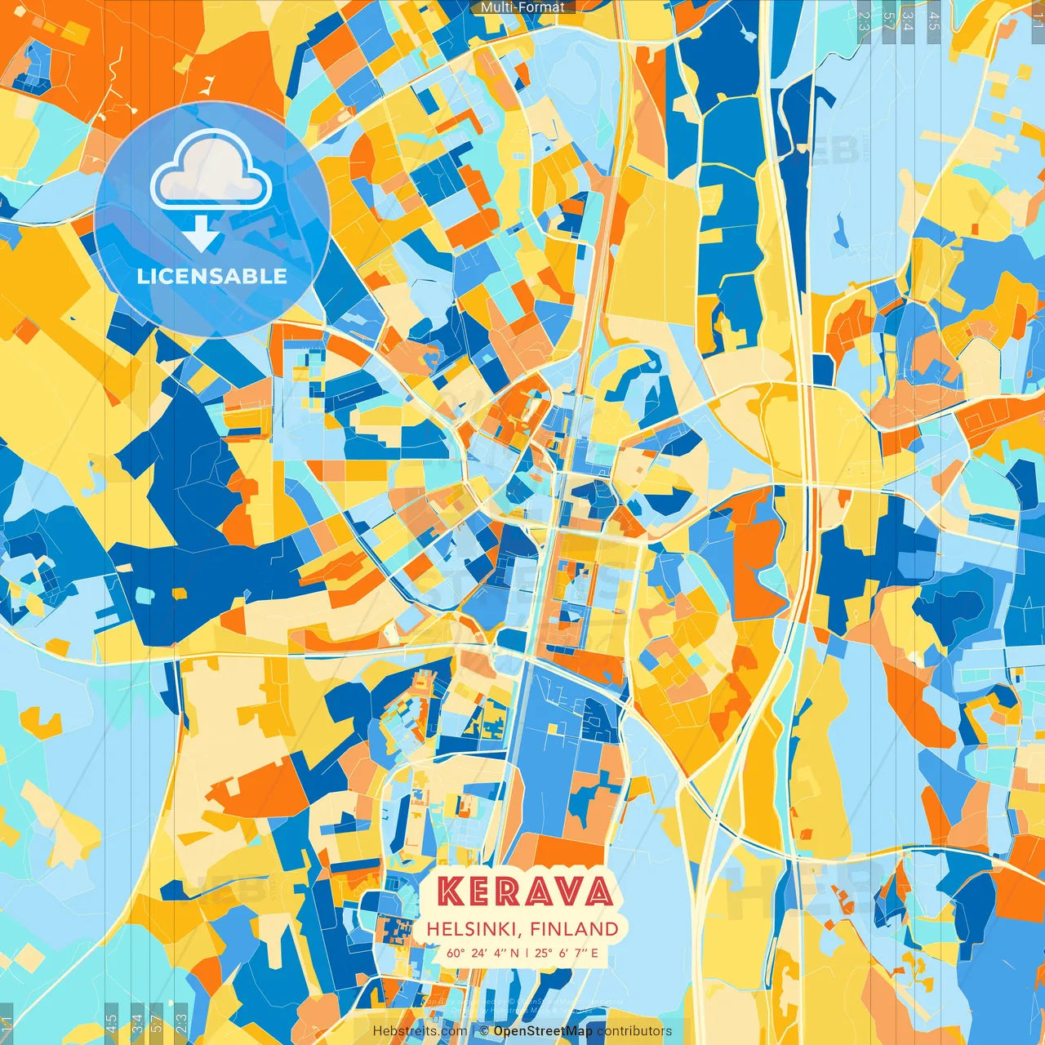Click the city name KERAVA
point(524,891)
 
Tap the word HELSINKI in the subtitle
point(474,929)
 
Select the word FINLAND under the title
point(574,929)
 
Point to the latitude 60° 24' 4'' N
point(482,953)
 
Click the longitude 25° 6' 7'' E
point(567,953)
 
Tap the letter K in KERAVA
point(451,891)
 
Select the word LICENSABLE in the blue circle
point(212,276)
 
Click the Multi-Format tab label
point(522,7)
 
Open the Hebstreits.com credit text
point(420,1031)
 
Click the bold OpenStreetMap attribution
point(543,1031)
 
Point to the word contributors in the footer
point(634,1031)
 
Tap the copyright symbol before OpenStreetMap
point(484,1031)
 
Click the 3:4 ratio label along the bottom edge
point(137,1022)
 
